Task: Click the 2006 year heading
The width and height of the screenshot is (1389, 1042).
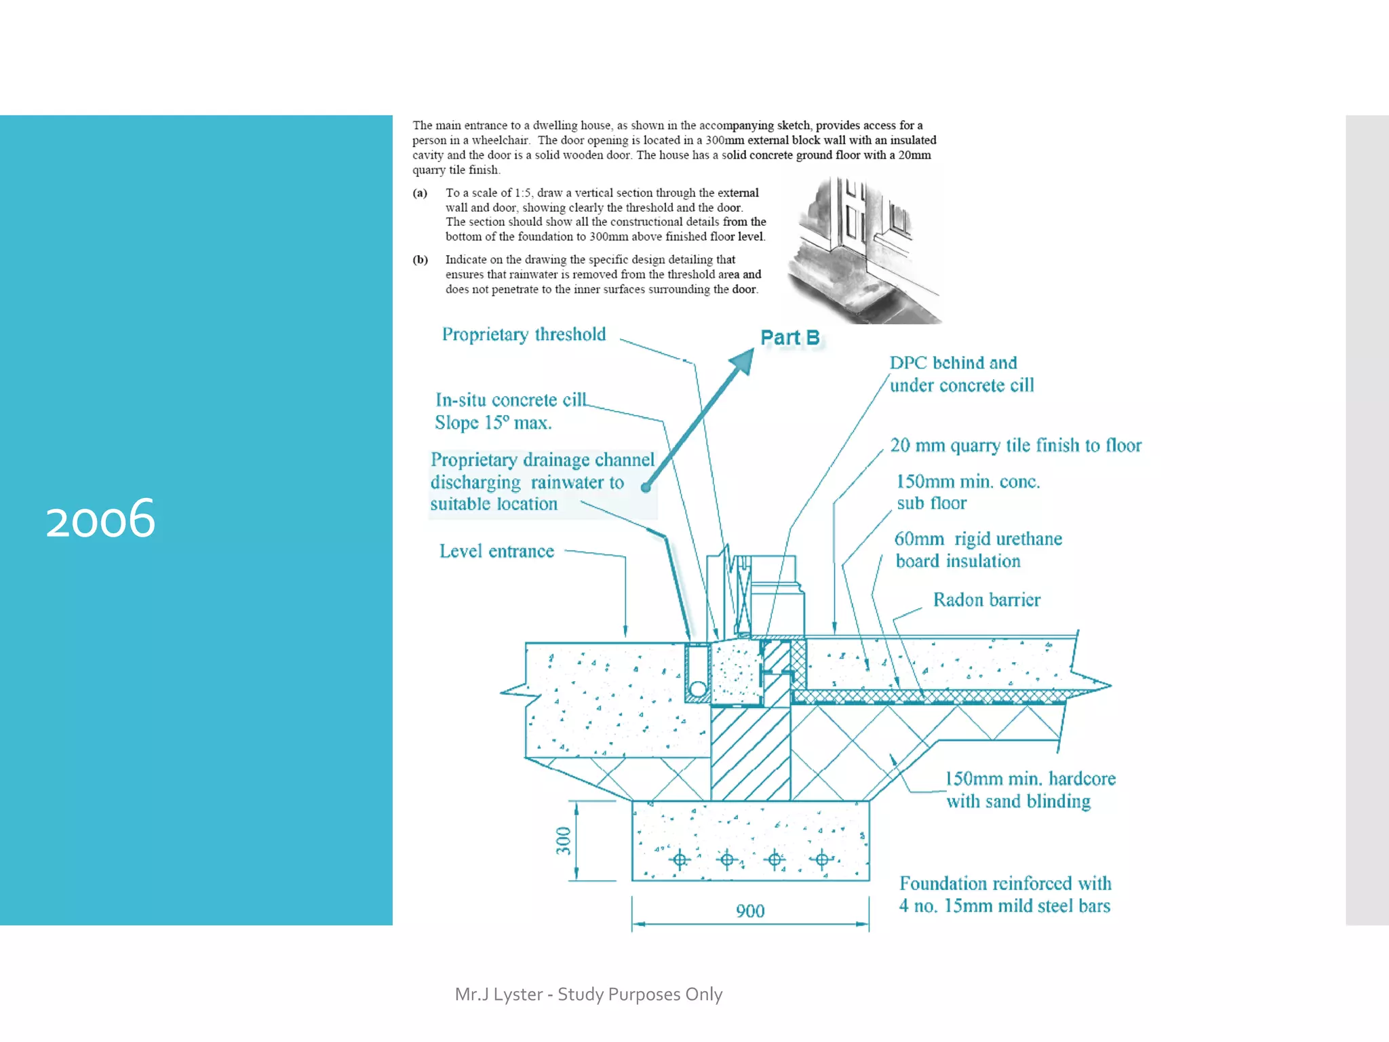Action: (x=100, y=518)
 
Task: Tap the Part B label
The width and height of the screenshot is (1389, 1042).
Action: (x=789, y=337)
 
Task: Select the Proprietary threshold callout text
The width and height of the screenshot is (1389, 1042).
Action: (x=524, y=334)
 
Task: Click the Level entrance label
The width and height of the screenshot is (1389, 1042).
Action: (x=496, y=551)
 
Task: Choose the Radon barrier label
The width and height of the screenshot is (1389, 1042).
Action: (x=986, y=600)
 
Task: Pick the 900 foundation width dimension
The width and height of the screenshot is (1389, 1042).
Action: (x=750, y=910)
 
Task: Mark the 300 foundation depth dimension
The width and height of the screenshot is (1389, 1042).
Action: (x=564, y=841)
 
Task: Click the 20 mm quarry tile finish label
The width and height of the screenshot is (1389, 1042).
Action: (x=1015, y=445)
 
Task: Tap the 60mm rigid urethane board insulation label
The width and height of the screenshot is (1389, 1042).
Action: (x=977, y=549)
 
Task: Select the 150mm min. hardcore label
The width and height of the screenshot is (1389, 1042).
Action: (x=1030, y=790)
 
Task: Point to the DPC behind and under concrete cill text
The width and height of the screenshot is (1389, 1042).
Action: (x=961, y=374)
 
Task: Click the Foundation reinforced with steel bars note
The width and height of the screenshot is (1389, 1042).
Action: (x=1004, y=894)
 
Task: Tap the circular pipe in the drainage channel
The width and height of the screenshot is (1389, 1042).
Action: (x=697, y=690)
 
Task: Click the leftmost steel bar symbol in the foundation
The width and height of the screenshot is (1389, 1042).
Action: (x=680, y=860)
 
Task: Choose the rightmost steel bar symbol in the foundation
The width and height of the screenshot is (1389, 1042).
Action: (x=822, y=860)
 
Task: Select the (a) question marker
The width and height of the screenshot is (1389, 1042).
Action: (x=420, y=193)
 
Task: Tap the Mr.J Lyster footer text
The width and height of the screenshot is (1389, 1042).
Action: (x=588, y=994)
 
